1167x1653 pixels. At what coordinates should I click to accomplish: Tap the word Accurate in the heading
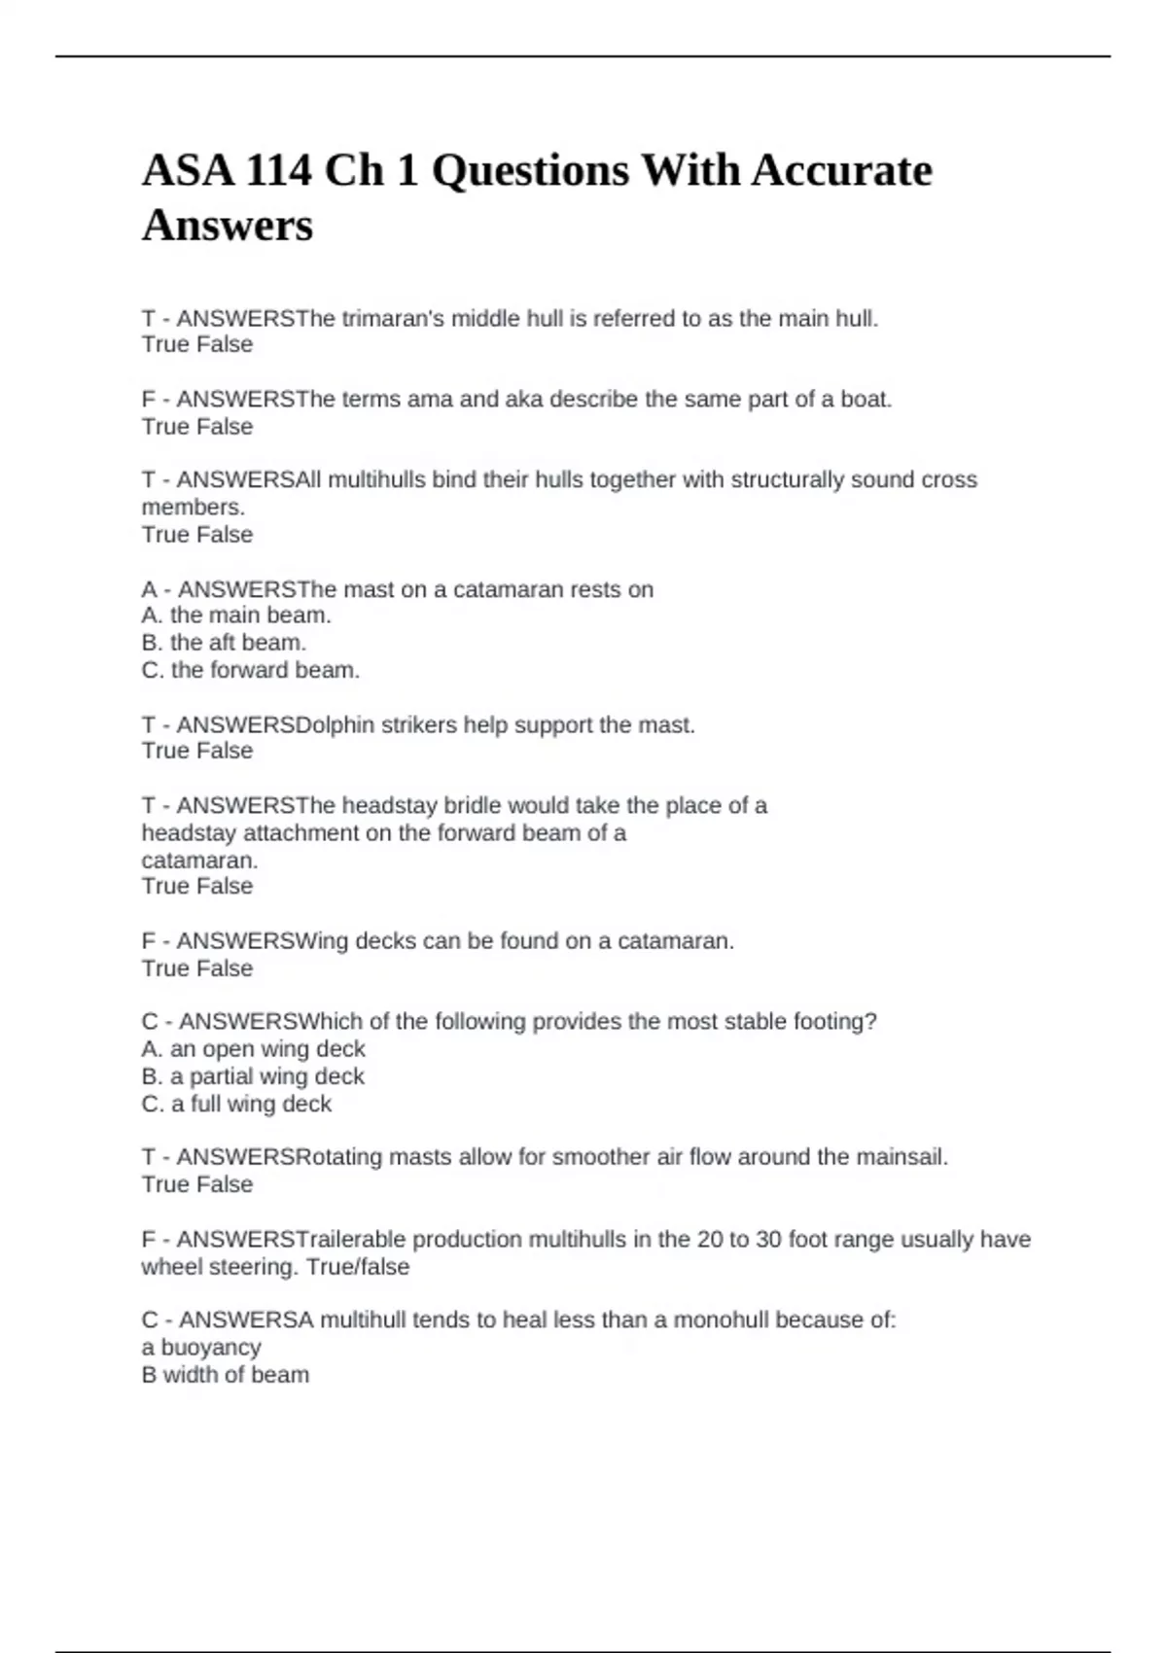click(x=841, y=171)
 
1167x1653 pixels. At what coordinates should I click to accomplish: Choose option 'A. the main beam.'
click(x=236, y=615)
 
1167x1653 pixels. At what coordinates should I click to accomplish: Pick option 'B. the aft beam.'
click(x=224, y=643)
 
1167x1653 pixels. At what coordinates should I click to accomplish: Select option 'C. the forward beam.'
click(x=251, y=670)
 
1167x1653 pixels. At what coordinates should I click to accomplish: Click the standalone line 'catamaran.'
click(x=199, y=861)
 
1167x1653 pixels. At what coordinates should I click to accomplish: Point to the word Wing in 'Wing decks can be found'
click(x=321, y=941)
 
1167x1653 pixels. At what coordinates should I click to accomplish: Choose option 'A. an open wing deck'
click(x=253, y=1049)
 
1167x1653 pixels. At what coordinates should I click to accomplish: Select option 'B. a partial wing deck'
click(x=253, y=1076)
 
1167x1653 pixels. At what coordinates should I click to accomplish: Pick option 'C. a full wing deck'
click(x=236, y=1104)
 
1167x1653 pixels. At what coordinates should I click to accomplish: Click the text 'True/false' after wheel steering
click(x=358, y=1267)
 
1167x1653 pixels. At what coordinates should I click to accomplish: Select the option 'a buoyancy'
click(x=201, y=1348)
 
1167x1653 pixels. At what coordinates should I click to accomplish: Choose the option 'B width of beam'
click(x=226, y=1375)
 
